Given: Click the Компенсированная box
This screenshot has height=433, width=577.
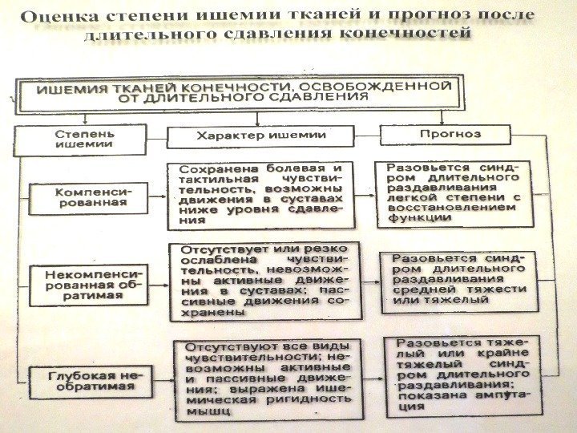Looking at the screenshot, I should click(91, 197).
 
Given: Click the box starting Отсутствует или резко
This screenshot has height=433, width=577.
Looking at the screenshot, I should click(264, 281).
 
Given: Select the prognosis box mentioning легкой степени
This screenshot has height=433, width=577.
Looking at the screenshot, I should click(454, 193).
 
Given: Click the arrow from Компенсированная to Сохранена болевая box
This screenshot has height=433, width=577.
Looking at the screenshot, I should click(158, 197).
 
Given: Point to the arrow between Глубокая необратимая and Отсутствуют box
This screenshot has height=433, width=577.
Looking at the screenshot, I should click(164, 379).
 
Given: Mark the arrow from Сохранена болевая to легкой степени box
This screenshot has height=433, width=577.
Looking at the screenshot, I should click(364, 195).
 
